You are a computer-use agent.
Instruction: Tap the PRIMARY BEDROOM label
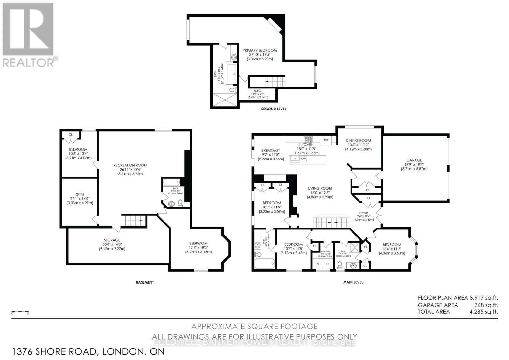click(x=260, y=50)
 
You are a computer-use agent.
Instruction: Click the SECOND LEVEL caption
click(x=274, y=109)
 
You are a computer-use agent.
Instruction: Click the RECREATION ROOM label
click(x=130, y=165)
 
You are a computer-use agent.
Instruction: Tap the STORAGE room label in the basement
click(x=112, y=240)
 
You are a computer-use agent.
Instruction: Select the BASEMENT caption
click(x=145, y=282)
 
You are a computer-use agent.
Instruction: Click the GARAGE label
click(x=414, y=160)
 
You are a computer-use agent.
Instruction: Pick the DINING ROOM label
click(x=359, y=140)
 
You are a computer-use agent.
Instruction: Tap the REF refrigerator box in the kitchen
click(x=326, y=140)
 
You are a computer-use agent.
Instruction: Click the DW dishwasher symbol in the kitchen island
click(x=303, y=159)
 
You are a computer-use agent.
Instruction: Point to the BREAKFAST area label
click(x=270, y=151)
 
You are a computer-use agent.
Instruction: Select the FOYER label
click(x=364, y=213)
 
